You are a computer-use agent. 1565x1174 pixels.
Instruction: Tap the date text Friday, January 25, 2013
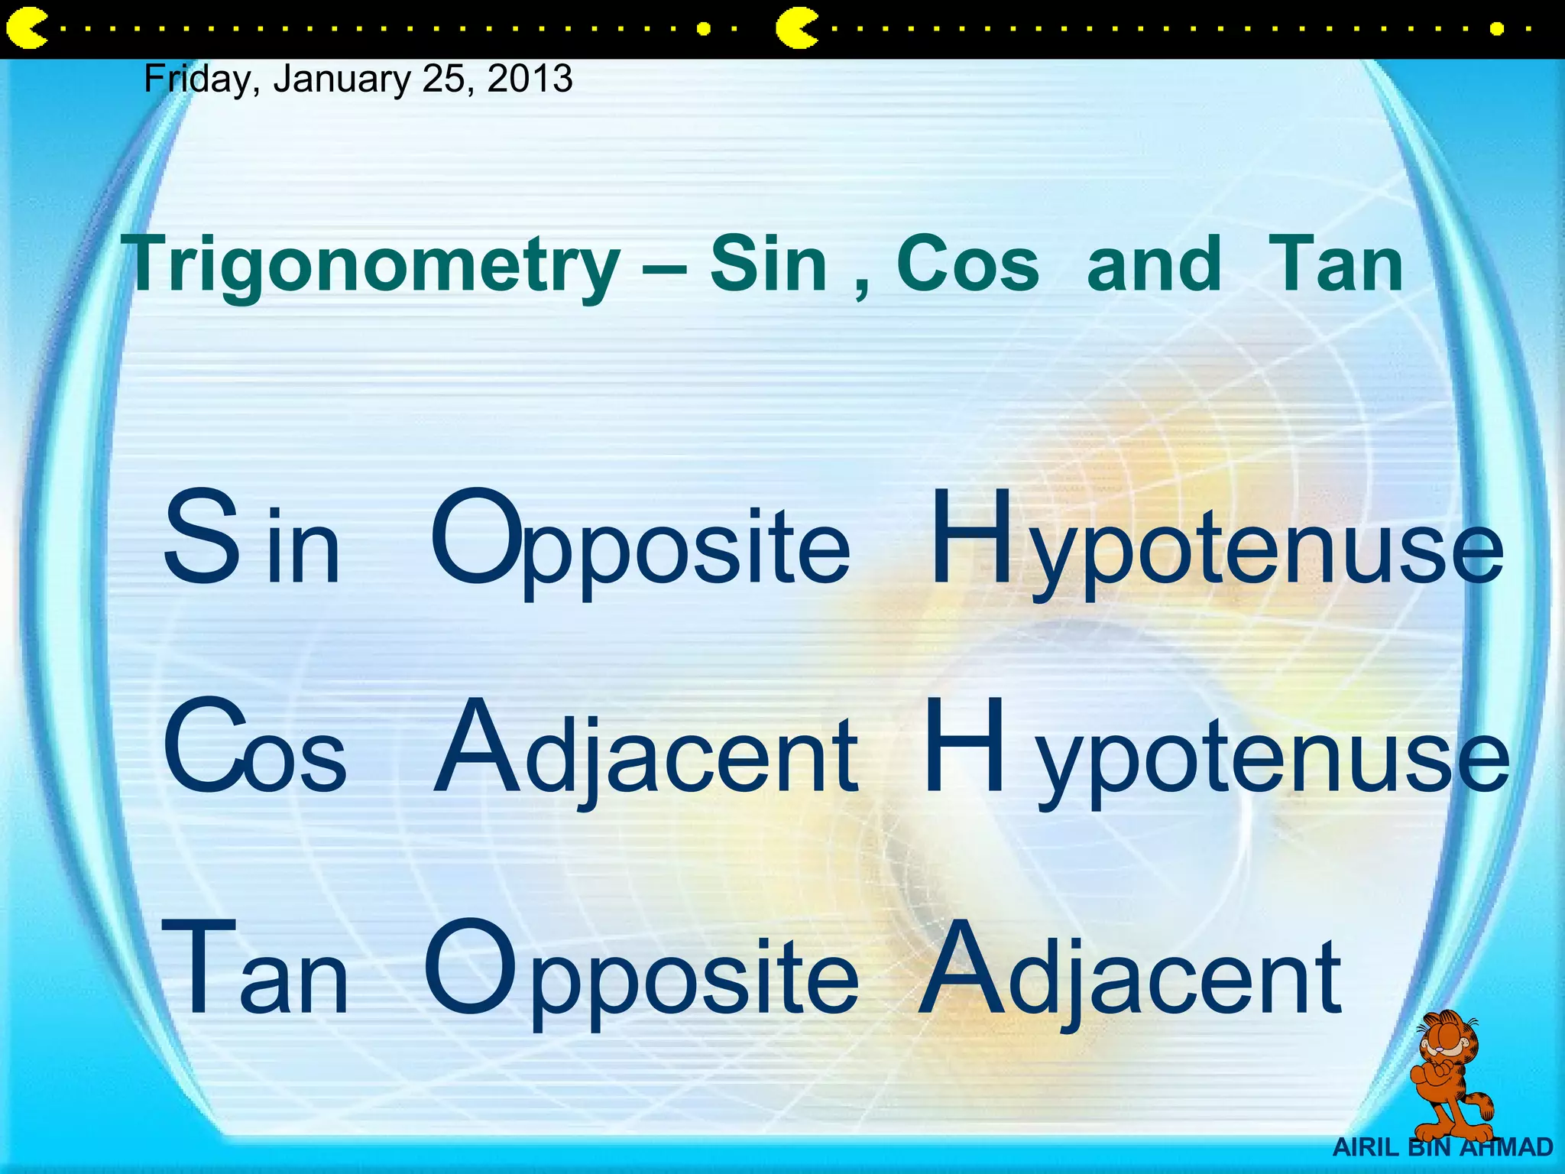pos(358,79)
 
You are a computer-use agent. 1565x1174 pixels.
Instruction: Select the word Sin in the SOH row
pos(251,539)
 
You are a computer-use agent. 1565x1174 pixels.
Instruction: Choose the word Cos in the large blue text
pos(254,748)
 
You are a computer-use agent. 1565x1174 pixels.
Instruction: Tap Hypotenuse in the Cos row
pos(1215,751)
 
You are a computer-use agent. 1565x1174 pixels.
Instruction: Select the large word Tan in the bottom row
pos(254,971)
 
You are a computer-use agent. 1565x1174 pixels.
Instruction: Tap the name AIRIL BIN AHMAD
pos(1443,1147)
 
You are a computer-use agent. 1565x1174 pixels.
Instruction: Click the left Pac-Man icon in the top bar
pos(25,29)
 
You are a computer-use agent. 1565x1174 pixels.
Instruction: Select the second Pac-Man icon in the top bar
pos(795,29)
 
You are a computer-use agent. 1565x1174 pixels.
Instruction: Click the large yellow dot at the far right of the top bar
pos(1497,29)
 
